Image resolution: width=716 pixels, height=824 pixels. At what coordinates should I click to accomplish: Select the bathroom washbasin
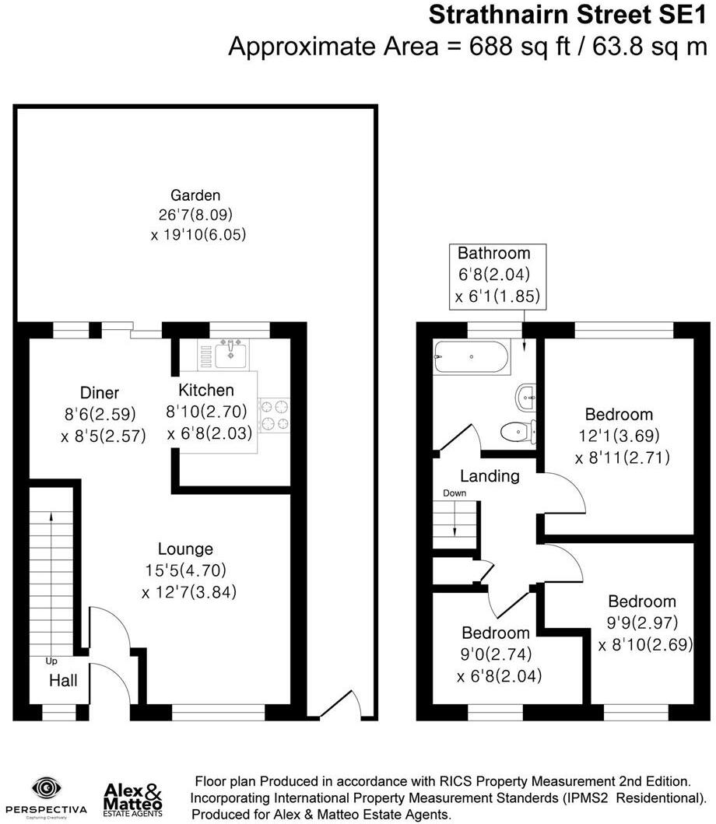[x=527, y=397]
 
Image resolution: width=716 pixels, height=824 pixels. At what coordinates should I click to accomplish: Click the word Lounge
[x=185, y=549]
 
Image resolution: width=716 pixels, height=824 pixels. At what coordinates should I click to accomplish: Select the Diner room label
[x=100, y=393]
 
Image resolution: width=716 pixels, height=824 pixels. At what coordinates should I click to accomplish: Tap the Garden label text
[x=196, y=195]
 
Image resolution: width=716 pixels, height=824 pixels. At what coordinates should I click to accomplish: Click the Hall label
[x=63, y=681]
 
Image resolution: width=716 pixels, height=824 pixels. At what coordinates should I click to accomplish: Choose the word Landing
[x=490, y=476]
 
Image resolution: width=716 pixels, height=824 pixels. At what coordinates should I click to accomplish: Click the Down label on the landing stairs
[x=454, y=493]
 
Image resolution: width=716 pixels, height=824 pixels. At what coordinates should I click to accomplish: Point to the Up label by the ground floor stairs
[x=52, y=661]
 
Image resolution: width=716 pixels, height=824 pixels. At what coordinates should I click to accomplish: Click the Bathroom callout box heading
[x=493, y=254]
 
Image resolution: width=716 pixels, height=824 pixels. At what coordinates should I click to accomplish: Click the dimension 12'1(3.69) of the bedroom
[x=619, y=436]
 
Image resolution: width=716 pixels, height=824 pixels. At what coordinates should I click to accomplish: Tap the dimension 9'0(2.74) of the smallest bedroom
[x=495, y=654]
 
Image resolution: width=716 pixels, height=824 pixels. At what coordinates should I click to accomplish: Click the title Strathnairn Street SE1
[x=568, y=14]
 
